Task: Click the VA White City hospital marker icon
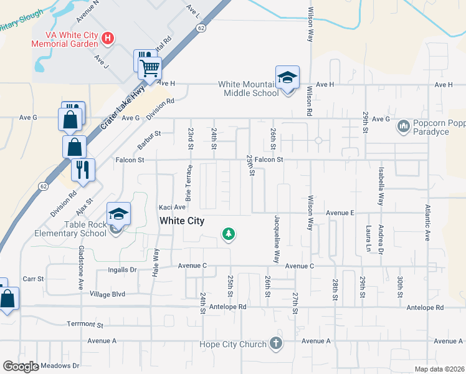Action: click(x=108, y=39)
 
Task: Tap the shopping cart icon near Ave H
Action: click(x=150, y=68)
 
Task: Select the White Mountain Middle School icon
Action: click(x=287, y=77)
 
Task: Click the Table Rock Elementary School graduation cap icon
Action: click(x=118, y=214)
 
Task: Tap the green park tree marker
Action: click(x=229, y=234)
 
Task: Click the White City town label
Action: click(x=182, y=221)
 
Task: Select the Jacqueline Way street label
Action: click(x=275, y=238)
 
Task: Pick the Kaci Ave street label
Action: click(x=172, y=207)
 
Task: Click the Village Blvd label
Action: click(x=107, y=294)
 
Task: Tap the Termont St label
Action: click(x=85, y=325)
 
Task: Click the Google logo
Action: click(x=21, y=367)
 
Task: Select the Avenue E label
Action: click(x=340, y=213)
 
